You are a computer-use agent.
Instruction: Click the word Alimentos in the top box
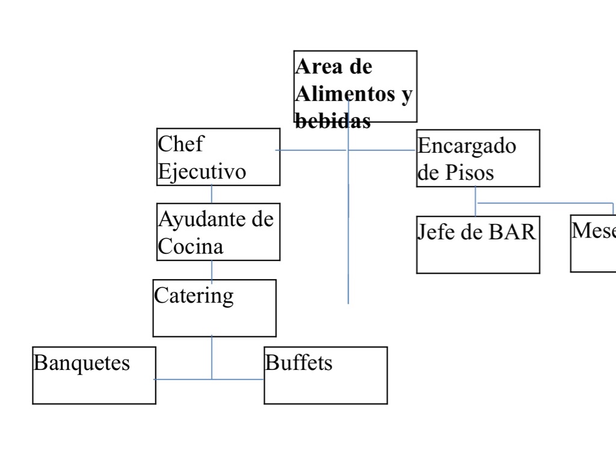click(340, 94)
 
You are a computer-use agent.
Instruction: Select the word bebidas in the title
click(333, 122)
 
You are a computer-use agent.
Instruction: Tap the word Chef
click(180, 144)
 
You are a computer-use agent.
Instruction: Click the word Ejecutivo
click(202, 171)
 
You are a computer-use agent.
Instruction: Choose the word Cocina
click(190, 246)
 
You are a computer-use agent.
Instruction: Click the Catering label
click(194, 295)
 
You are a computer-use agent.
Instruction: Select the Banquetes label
click(81, 363)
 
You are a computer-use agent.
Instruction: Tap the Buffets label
click(298, 363)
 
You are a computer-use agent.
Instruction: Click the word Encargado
click(466, 146)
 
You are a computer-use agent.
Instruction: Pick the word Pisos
click(469, 173)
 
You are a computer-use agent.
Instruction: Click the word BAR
click(511, 232)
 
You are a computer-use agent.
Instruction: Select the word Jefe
click(436, 232)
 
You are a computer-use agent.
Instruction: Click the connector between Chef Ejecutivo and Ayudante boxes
click(212, 194)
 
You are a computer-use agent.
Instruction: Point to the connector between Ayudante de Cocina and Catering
click(212, 270)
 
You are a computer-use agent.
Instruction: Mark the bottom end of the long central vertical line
click(348, 303)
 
